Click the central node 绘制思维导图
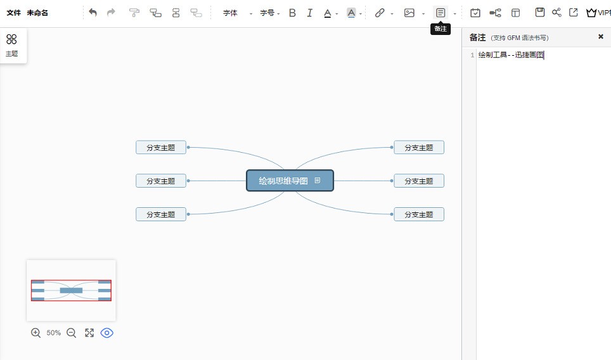tap(290, 181)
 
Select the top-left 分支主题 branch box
tap(161, 148)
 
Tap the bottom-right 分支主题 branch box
tap(419, 214)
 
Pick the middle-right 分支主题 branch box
tap(419, 181)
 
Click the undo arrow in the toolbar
tap(93, 13)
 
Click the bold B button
tap(292, 13)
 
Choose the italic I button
tap(309, 13)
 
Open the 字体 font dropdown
tap(237, 13)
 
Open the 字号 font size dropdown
tap(269, 13)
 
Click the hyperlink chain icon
tap(380, 13)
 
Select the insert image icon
tap(409, 13)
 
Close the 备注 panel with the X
tap(601, 37)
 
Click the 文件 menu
tap(14, 13)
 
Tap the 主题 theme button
tap(11, 45)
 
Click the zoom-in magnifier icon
tap(36, 333)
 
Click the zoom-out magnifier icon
tap(72, 333)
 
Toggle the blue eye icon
tap(106, 333)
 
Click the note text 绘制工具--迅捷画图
tap(511, 55)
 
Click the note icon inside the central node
tap(318, 181)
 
